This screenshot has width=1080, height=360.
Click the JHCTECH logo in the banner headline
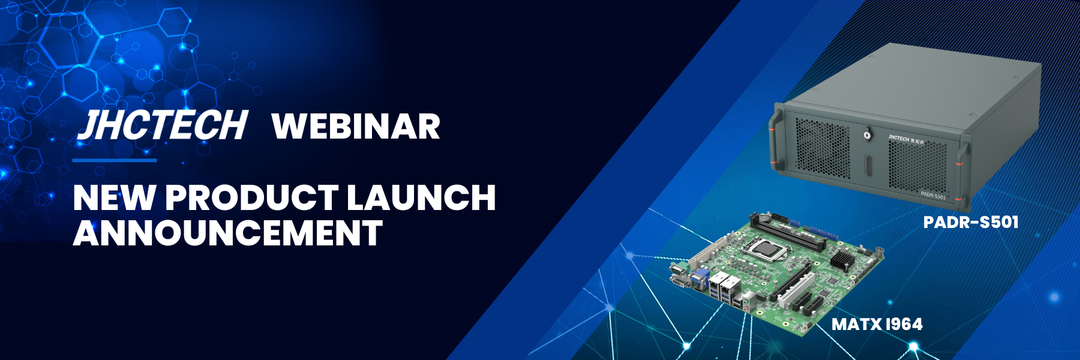pos(163,125)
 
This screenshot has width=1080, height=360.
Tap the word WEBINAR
pos(356,127)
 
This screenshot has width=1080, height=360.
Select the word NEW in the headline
pos(114,197)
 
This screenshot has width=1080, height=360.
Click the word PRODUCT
pos(251,197)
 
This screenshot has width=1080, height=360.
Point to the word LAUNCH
pos(421,197)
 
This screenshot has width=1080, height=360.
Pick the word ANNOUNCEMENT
pos(227,233)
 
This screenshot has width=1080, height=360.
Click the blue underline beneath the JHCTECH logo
pos(115,160)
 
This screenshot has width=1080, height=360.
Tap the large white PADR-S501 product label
pos(970,223)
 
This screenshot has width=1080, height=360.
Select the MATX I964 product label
pos(877,325)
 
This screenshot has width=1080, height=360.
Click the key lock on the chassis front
pos(867,135)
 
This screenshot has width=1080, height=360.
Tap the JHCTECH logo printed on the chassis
pos(898,139)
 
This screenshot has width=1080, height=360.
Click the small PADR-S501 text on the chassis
pos(933,195)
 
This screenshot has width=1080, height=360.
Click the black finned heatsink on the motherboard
pos(842,260)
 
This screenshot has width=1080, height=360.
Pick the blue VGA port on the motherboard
pos(700,278)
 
